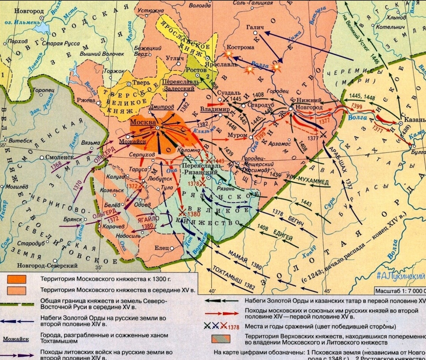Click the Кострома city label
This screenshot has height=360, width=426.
tap(240, 47)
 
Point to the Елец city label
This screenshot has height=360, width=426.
tap(162, 248)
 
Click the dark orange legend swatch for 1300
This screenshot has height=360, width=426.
tap(17, 279)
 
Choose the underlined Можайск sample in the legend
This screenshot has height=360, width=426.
tap(15, 339)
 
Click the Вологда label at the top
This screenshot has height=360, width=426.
tap(200, 6)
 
